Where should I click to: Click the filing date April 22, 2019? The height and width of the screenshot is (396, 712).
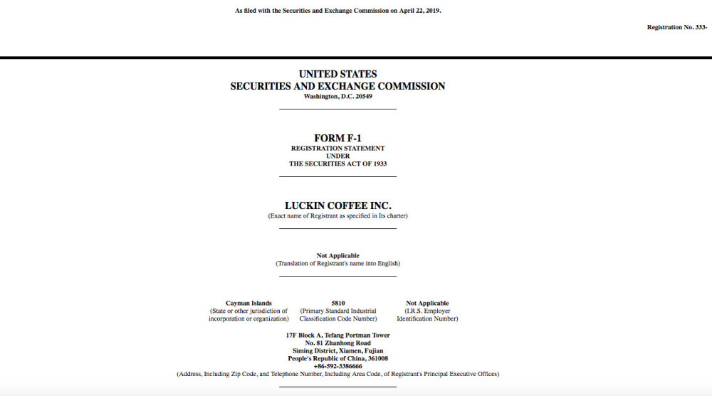419,11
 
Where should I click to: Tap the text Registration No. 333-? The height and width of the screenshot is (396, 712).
676,27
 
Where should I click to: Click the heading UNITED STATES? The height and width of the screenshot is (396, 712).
337,74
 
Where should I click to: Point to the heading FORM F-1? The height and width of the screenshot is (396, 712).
337,138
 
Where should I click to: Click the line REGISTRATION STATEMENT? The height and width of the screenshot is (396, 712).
337,149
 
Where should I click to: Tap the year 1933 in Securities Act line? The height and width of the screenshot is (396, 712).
378,164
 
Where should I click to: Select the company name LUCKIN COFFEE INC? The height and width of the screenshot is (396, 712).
337,205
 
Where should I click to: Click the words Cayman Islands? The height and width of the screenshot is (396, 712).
248,304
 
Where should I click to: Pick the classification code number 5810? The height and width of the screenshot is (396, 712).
337,304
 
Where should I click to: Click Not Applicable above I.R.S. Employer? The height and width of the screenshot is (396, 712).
427,304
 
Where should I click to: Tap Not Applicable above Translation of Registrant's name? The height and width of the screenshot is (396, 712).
337,255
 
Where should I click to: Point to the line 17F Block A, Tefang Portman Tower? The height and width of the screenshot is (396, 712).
337,335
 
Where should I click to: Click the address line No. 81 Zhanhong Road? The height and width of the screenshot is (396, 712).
337,343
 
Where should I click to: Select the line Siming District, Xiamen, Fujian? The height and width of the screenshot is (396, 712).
337,350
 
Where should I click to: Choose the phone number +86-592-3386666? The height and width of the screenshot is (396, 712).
337,366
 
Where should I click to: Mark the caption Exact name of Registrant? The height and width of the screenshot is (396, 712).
337,215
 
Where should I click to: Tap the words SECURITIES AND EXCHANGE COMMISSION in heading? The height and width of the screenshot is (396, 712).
337,86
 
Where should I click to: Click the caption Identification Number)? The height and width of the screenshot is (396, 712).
427,319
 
